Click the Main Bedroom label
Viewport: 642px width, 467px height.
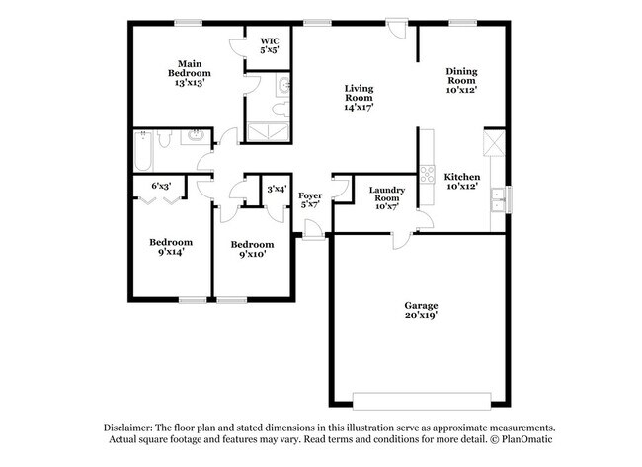tap(189, 74)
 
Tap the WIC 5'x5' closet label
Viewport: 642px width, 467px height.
tap(269, 44)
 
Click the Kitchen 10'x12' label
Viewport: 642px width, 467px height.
tap(461, 182)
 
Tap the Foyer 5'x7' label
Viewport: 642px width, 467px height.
tap(310, 201)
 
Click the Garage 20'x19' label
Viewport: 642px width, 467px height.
tap(421, 311)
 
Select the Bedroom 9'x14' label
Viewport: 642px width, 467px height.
tap(170, 247)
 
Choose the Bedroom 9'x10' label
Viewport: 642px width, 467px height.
tap(251, 249)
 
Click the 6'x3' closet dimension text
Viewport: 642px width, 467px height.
tap(161, 186)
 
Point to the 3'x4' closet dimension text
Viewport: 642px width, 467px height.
tap(276, 188)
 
